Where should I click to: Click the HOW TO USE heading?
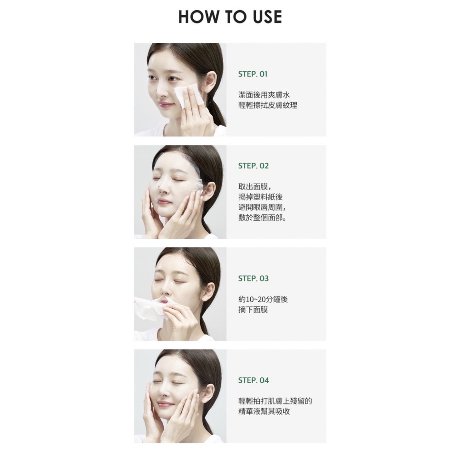[x=230, y=17]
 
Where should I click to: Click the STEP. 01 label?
[x=253, y=74]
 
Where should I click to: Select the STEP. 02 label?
[x=253, y=166]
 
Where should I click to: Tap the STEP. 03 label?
[x=253, y=278]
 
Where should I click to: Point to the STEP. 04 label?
[x=253, y=380]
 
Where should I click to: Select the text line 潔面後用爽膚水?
[x=264, y=95]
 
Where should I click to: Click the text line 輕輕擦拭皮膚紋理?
[x=268, y=105]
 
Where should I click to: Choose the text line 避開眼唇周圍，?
[x=262, y=207]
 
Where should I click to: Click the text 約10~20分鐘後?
[x=263, y=299]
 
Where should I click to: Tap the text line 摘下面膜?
[x=253, y=310]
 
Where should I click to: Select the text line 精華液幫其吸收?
[x=264, y=411]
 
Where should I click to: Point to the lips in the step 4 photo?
[x=165, y=404]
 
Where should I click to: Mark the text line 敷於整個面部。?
[x=262, y=218]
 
